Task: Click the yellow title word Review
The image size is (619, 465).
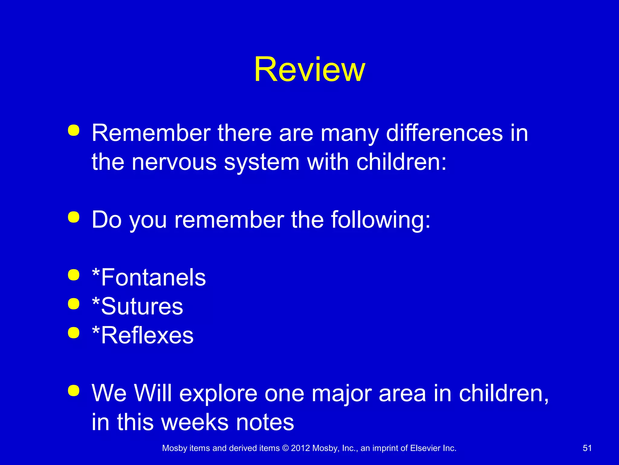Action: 309,70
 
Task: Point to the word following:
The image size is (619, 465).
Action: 381,220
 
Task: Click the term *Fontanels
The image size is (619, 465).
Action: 149,277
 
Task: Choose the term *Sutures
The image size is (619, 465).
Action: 138,306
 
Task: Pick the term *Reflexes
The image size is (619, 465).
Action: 143,335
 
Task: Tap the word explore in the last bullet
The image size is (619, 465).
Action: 218,394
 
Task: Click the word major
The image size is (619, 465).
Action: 342,394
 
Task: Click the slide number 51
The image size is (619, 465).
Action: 587,448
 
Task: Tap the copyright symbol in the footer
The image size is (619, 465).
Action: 285,448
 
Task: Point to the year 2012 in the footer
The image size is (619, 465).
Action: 300,448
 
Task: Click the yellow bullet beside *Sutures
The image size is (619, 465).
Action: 74,304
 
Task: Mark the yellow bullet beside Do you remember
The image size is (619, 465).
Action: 74,217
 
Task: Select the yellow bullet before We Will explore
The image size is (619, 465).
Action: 74,390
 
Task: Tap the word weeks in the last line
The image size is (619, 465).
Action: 195,422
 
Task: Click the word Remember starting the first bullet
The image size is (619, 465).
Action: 151,133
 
